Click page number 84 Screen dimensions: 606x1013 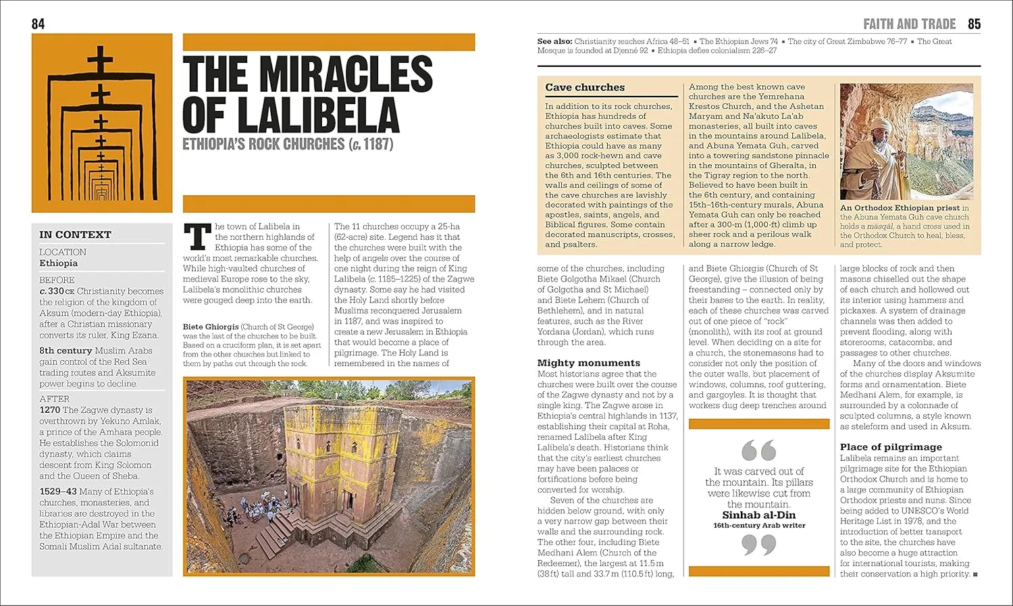pyautogui.click(x=38, y=24)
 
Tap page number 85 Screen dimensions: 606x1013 pyautogui.click(x=974, y=24)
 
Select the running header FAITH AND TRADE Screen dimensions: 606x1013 pyautogui.click(x=909, y=24)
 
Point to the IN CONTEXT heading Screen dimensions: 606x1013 pyautogui.click(x=75, y=234)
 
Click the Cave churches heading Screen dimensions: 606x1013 pyautogui.click(x=585, y=87)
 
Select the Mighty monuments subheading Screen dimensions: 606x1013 pyautogui.click(x=588, y=363)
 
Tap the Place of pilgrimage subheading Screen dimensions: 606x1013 pyautogui.click(x=890, y=447)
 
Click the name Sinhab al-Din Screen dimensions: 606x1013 pyautogui.click(x=759, y=515)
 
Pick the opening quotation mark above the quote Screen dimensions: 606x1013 pyautogui.click(x=758, y=450)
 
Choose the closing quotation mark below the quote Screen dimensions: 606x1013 pyautogui.click(x=758, y=545)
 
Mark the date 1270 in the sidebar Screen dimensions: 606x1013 pyautogui.click(x=49, y=410)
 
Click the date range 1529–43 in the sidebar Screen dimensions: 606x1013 pyautogui.click(x=58, y=492)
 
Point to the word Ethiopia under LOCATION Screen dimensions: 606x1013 pyautogui.click(x=58, y=263)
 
